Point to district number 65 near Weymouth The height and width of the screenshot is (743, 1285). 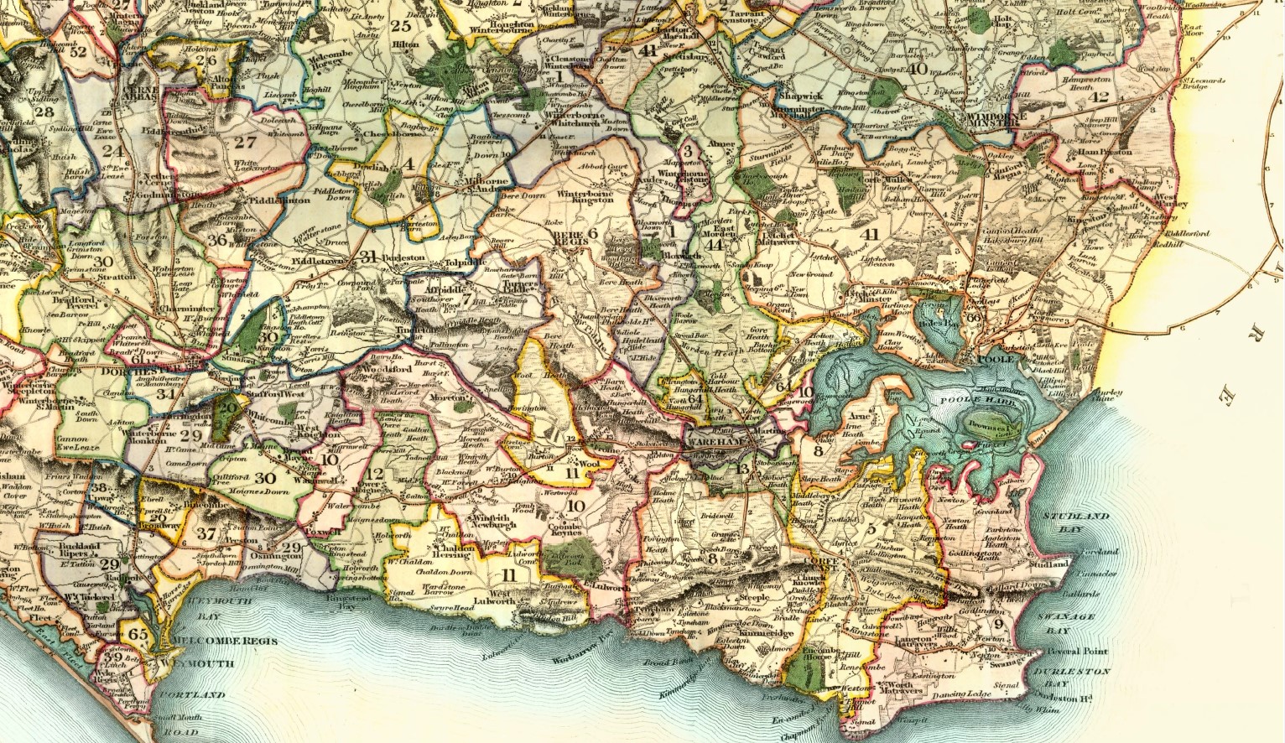(x=138, y=635)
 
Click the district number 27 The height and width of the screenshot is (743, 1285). (x=245, y=143)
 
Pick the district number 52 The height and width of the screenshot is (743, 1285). (x=79, y=51)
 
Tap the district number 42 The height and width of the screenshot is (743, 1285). (x=1099, y=97)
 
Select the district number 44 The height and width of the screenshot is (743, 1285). (x=715, y=245)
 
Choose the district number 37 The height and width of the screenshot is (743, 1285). (x=205, y=534)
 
